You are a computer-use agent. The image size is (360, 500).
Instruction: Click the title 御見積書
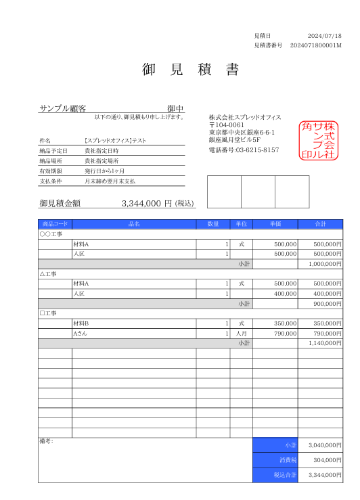(191, 70)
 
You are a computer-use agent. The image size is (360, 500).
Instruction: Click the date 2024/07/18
(324, 36)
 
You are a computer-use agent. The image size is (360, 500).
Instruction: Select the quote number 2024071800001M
(316, 45)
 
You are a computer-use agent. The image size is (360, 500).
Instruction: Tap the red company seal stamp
(318, 140)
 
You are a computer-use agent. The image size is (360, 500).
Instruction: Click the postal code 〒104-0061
(227, 125)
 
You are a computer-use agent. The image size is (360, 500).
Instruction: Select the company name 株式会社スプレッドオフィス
(244, 117)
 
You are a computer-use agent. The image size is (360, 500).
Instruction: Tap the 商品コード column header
(55, 224)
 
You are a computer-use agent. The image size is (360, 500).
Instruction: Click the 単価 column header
(275, 224)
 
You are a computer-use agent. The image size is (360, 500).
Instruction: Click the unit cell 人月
(241, 334)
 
